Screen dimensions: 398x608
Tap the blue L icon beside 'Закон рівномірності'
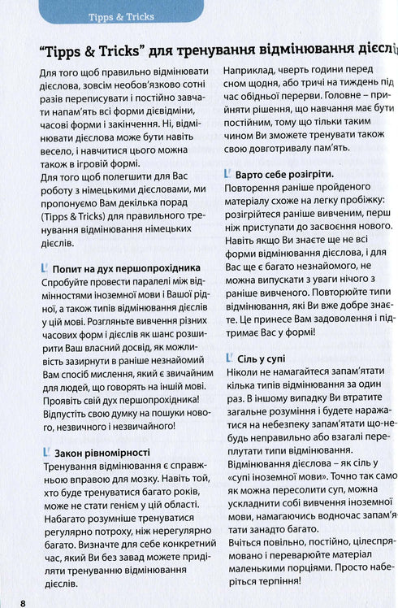point(42,452)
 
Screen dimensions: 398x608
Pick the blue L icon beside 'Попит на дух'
point(42,267)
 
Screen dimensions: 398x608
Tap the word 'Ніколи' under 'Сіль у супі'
point(240,377)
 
